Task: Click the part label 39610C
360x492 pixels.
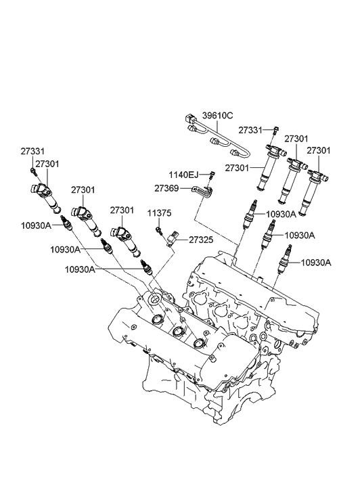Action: [217, 116]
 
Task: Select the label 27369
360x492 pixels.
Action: [166, 189]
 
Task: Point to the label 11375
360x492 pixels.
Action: [160, 213]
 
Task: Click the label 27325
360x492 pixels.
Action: [201, 240]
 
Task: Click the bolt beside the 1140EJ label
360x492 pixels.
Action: [212, 175]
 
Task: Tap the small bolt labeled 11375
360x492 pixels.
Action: [159, 231]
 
